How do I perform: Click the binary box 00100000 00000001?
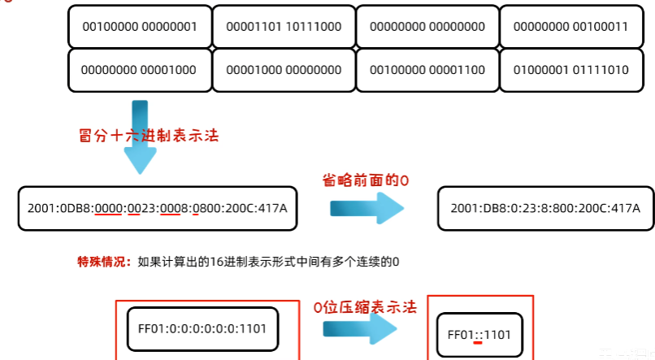click(x=140, y=27)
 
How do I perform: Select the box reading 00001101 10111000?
click(x=284, y=27)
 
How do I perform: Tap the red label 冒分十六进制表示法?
click(x=149, y=136)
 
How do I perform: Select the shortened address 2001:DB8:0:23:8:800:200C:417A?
click(x=545, y=209)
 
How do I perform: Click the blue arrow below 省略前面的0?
click(x=367, y=209)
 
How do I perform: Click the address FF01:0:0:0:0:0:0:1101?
click(x=197, y=329)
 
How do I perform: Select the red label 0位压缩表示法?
click(x=365, y=307)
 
